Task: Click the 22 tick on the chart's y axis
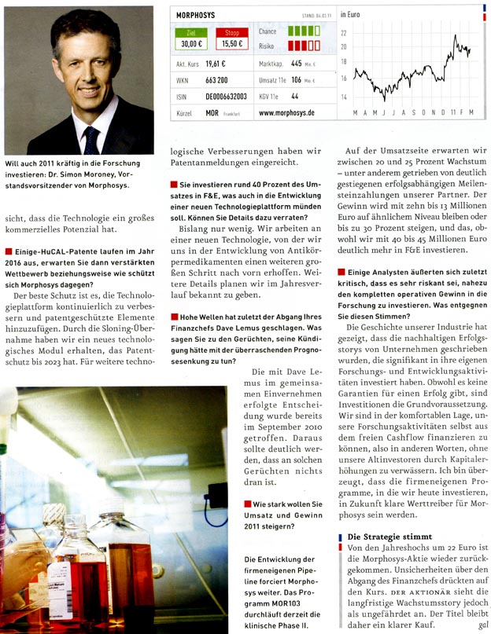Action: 344,33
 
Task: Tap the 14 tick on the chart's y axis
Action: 344,97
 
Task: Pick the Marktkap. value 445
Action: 296,64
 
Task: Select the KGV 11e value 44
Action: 294,96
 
